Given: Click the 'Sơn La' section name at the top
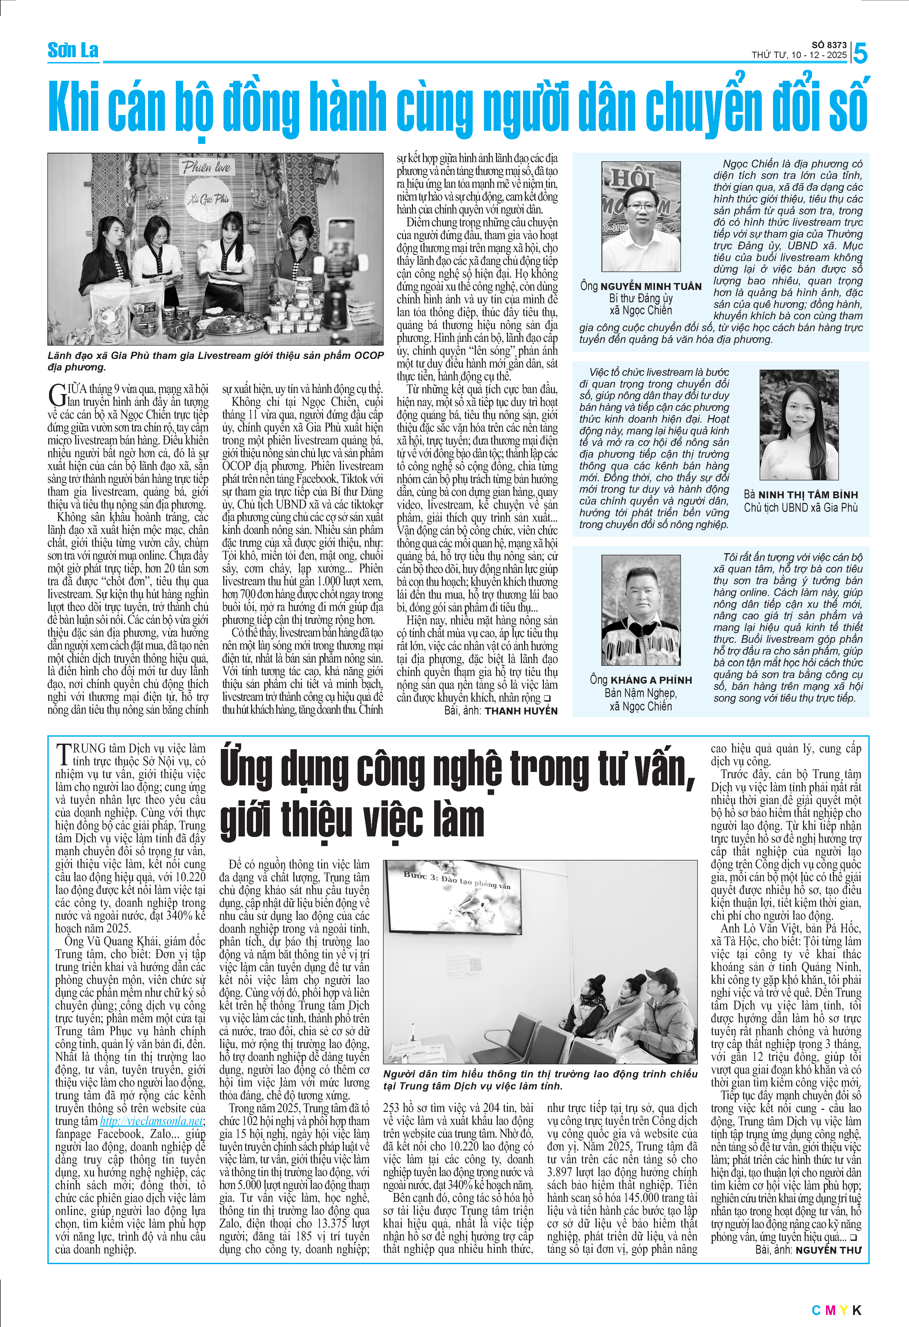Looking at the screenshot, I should point(73,51).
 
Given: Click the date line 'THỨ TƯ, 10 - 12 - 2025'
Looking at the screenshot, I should point(799,55).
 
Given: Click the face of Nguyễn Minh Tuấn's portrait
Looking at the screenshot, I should point(641,207).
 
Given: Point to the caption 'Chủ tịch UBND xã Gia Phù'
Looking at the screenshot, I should point(800,508).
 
